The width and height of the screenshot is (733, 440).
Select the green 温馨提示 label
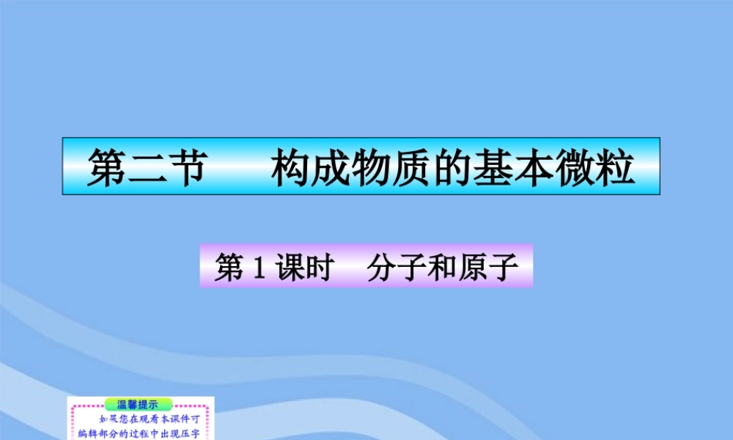tap(139, 404)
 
